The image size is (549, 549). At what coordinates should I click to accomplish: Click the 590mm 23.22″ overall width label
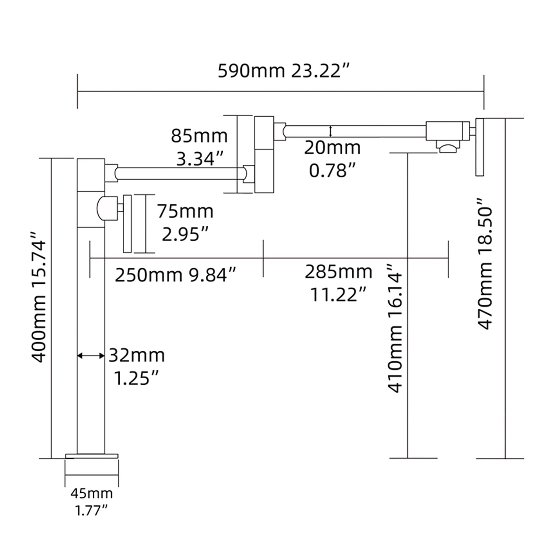point(283,71)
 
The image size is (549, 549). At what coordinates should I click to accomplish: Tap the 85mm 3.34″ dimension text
point(199,147)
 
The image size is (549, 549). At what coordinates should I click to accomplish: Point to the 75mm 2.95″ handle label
point(185,223)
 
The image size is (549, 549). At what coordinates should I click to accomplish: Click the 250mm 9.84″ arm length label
point(175,275)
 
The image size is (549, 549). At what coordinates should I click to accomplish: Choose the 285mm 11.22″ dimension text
point(338,283)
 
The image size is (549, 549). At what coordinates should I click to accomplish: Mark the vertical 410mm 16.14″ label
point(394,328)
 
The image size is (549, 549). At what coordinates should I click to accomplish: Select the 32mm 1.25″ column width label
point(137,366)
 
